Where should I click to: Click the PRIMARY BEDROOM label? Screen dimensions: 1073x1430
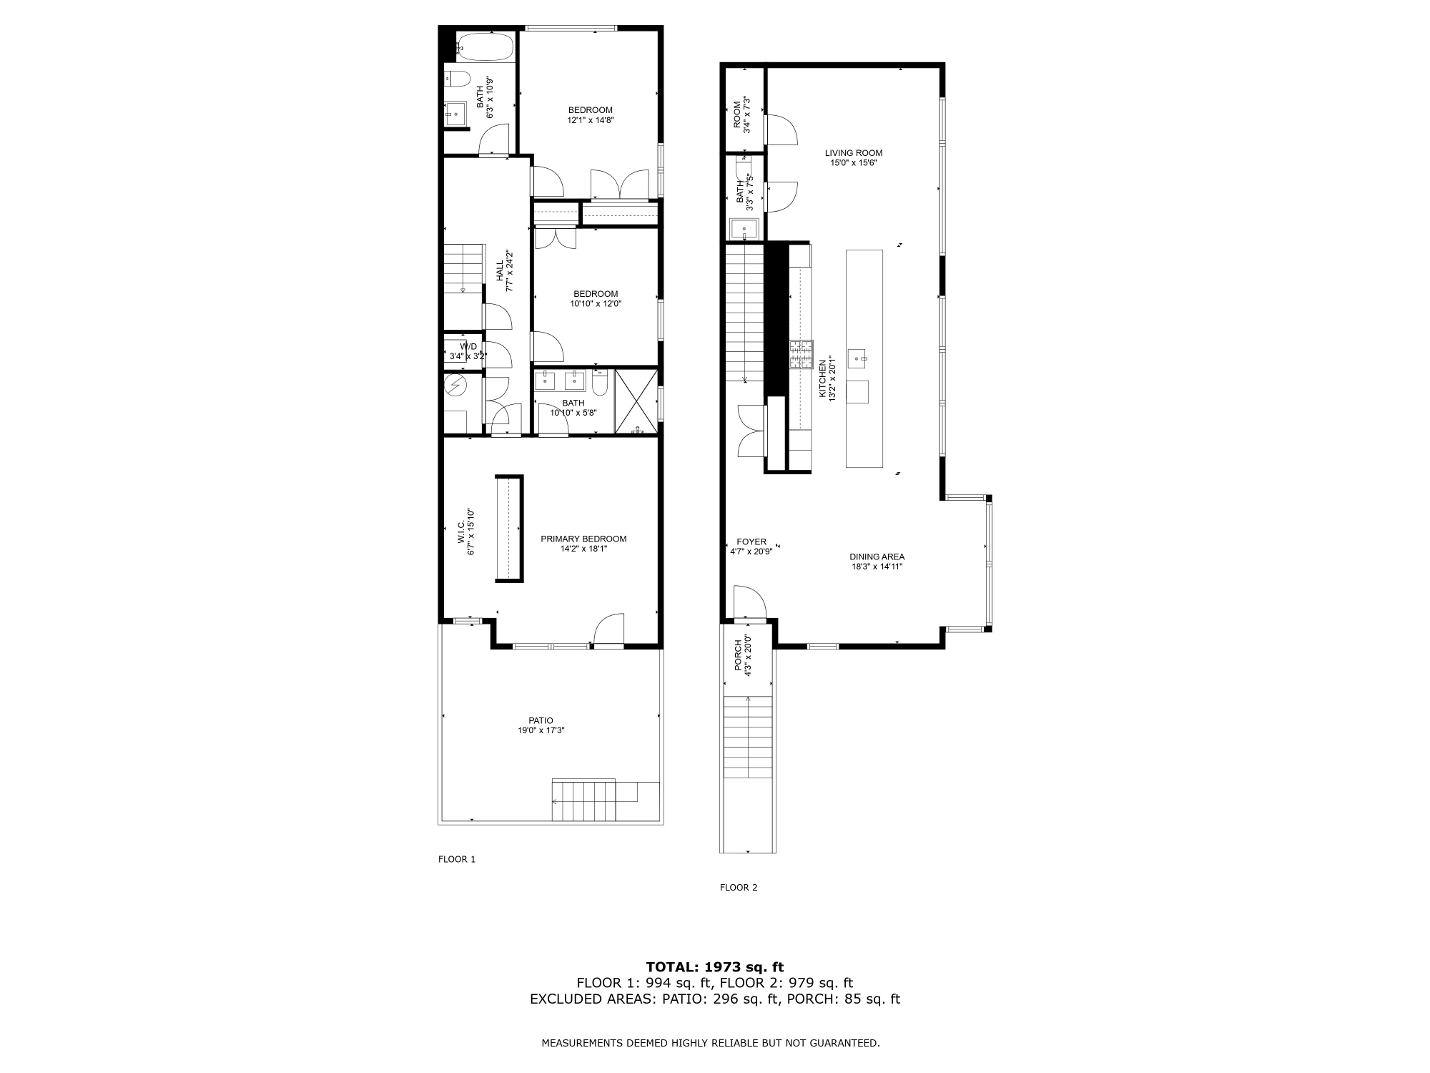[x=583, y=539]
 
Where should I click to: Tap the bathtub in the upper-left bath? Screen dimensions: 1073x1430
[x=485, y=47]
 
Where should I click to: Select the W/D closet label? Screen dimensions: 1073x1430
[x=468, y=346]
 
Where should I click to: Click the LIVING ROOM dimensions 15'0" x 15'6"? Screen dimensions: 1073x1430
[x=853, y=163]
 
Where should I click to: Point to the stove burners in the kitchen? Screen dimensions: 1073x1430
[x=801, y=354]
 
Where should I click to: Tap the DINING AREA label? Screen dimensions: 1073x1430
[x=877, y=557]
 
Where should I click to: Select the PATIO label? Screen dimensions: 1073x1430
[x=541, y=720]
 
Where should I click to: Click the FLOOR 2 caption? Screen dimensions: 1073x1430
[x=738, y=888]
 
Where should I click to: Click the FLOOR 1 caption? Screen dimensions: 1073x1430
[x=456, y=859]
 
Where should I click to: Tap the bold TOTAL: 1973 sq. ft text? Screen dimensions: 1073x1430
[x=714, y=967]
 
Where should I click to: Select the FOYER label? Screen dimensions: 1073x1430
[x=751, y=542]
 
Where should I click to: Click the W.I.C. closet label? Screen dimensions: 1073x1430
[x=461, y=531]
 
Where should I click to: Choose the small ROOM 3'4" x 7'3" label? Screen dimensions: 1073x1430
[x=737, y=115]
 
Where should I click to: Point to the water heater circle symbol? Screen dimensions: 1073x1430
[x=455, y=386]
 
